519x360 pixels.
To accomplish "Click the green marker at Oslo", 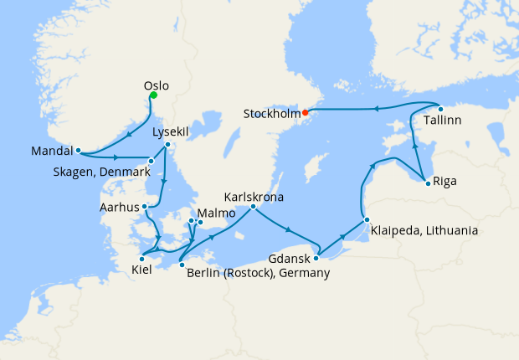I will [x=153, y=95].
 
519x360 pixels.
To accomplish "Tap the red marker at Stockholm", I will [x=306, y=112].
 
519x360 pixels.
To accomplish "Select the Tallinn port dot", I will [x=440, y=109].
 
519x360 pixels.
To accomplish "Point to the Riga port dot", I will [x=428, y=183].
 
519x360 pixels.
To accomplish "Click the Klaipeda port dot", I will [x=367, y=220].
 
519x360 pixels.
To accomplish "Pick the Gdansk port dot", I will [x=315, y=247].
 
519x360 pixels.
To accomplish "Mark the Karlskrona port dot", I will [x=252, y=206].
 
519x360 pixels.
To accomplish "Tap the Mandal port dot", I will [x=78, y=152].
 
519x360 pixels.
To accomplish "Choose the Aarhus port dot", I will [x=146, y=206].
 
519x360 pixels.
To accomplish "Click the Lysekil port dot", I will [x=167, y=145].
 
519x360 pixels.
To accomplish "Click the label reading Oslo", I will [x=157, y=85].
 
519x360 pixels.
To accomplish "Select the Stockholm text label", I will [x=272, y=112].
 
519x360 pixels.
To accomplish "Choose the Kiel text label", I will [x=142, y=270].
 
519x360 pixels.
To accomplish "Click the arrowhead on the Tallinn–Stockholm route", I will [x=374, y=108].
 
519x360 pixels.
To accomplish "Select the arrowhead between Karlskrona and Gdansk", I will [x=288, y=229].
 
